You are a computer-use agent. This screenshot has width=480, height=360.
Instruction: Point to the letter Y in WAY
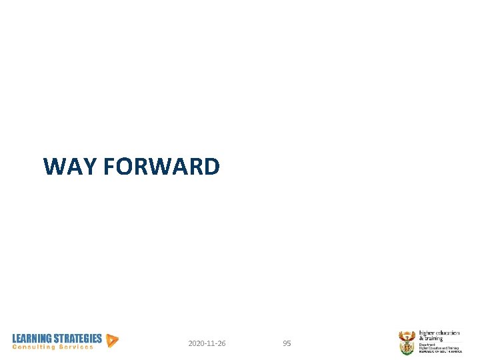click(91, 166)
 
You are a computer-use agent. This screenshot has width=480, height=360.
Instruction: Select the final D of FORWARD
click(211, 166)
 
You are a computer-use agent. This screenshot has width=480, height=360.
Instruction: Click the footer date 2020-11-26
click(207, 343)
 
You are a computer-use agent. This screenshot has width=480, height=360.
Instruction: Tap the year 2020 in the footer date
click(196, 343)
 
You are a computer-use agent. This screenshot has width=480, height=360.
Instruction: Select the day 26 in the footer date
click(221, 343)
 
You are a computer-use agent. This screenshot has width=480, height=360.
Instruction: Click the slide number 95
click(287, 343)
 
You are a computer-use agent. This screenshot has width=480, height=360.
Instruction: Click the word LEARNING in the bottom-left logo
click(31, 339)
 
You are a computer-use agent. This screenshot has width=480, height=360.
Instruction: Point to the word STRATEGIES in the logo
click(77, 339)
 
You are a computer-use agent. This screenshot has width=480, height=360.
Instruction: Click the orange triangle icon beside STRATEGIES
click(112, 341)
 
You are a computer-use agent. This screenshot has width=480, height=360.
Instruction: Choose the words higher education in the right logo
click(439, 333)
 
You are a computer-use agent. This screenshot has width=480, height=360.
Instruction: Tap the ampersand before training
click(421, 339)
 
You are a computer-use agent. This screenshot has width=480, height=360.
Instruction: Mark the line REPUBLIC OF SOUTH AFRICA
click(440, 351)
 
